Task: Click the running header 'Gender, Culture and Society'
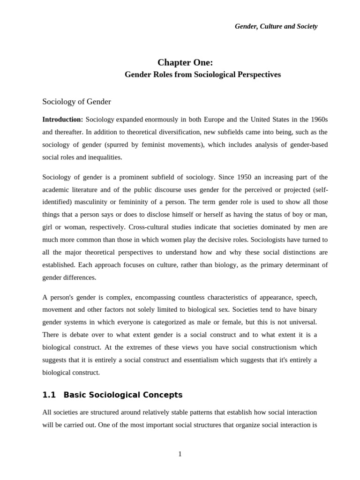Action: (276, 26)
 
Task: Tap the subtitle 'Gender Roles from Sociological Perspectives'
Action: (202, 75)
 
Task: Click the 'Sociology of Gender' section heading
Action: (76, 101)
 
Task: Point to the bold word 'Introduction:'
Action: (62, 120)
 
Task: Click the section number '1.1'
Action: (49, 395)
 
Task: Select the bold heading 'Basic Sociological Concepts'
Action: (123, 395)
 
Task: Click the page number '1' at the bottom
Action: (180, 454)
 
